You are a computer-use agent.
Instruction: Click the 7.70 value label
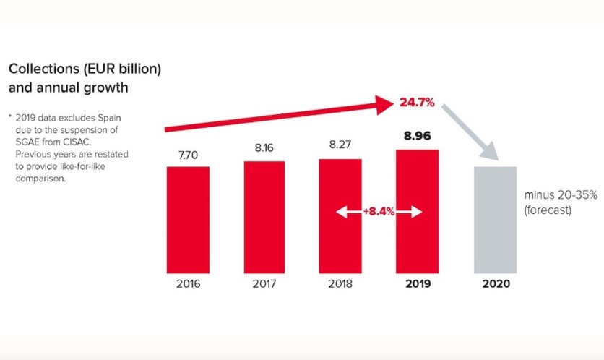(188, 154)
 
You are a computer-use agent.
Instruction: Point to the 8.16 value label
(264, 148)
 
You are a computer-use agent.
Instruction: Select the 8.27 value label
(340, 146)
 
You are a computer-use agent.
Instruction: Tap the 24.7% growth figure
(417, 103)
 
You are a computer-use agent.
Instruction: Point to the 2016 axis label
(188, 283)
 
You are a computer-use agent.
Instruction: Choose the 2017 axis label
(264, 283)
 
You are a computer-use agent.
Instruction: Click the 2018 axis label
(340, 283)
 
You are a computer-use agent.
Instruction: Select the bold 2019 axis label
(417, 283)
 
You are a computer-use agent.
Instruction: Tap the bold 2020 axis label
(496, 283)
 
